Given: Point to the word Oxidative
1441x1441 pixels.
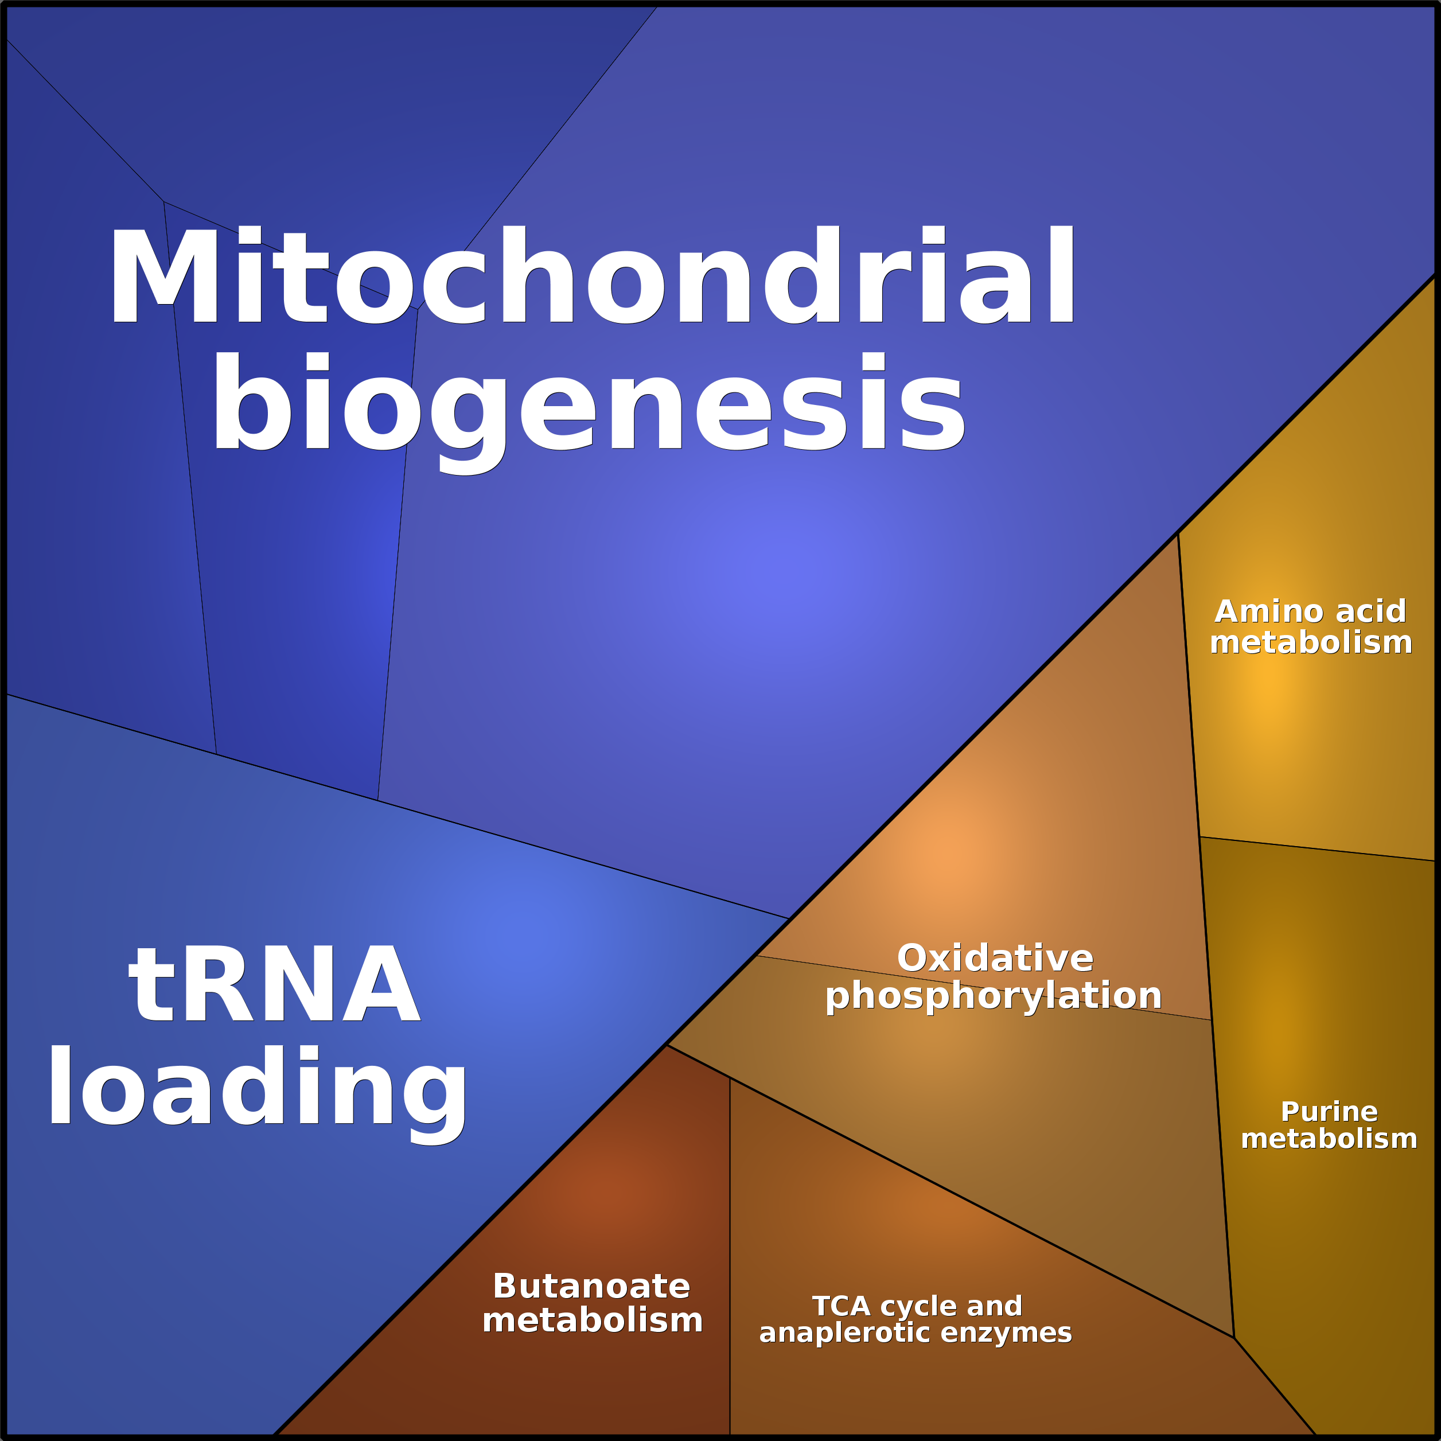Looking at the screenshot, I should tap(995, 959).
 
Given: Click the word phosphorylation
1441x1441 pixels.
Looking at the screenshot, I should tap(994, 996).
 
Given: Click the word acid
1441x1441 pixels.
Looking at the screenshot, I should tap(1370, 612).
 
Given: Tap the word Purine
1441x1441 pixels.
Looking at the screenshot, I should tap(1329, 1112).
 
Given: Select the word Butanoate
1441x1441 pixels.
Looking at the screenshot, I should tap(591, 1287).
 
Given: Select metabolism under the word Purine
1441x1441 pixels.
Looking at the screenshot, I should tap(1329, 1139).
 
